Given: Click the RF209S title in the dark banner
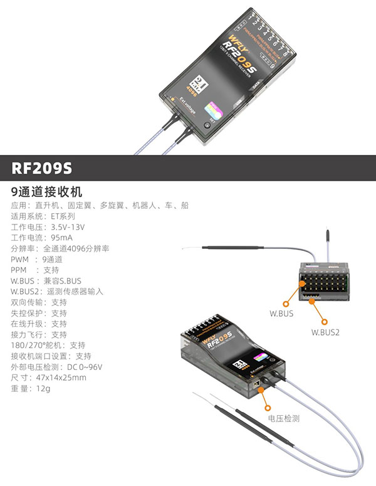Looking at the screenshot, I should [x=42, y=168].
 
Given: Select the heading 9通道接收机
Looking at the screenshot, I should [x=47, y=191].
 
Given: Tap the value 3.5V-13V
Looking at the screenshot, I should [x=68, y=227].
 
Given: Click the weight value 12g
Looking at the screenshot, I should [x=43, y=389].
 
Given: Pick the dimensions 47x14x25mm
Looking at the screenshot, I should [x=61, y=378].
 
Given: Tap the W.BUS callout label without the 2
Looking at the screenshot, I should [x=281, y=312].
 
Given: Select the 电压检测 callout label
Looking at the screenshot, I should [x=284, y=418].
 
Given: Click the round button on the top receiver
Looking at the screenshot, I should [x=207, y=125].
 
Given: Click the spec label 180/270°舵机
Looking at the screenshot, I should [x=38, y=346].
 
